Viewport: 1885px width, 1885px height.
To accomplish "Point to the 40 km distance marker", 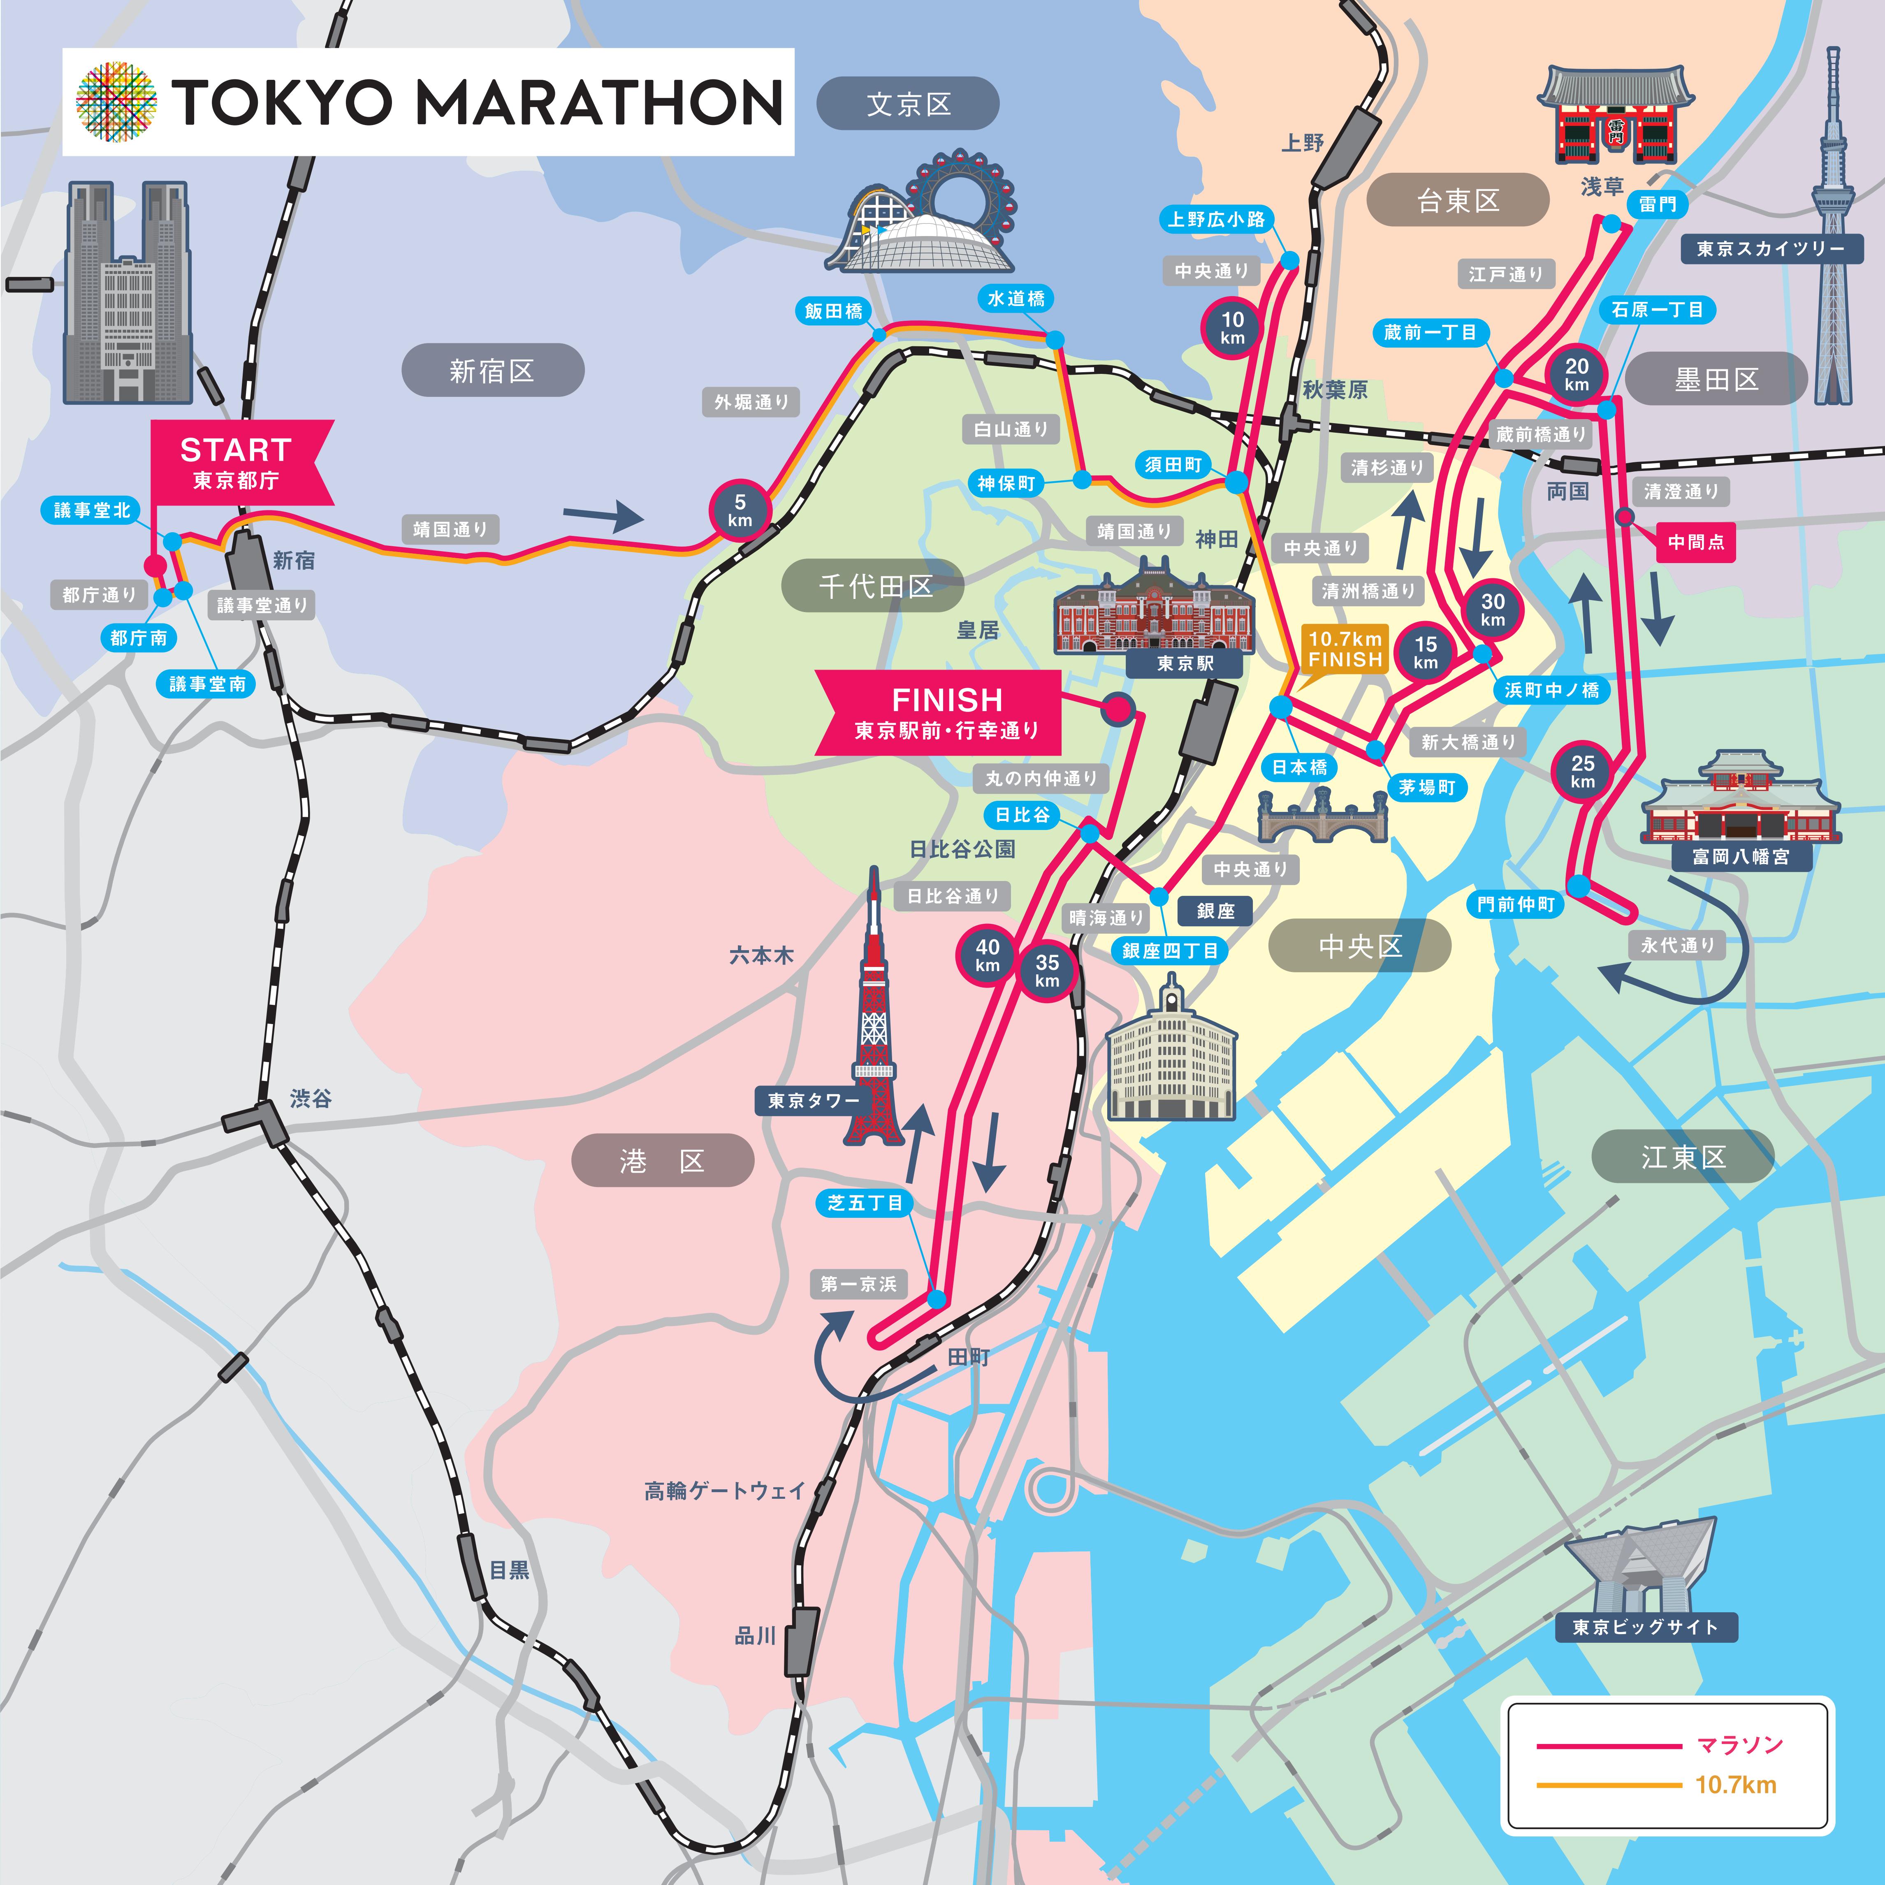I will pos(988,954).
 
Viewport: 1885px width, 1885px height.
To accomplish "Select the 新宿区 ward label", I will pos(493,371).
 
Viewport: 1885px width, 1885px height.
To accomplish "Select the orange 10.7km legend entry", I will pos(1735,1785).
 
